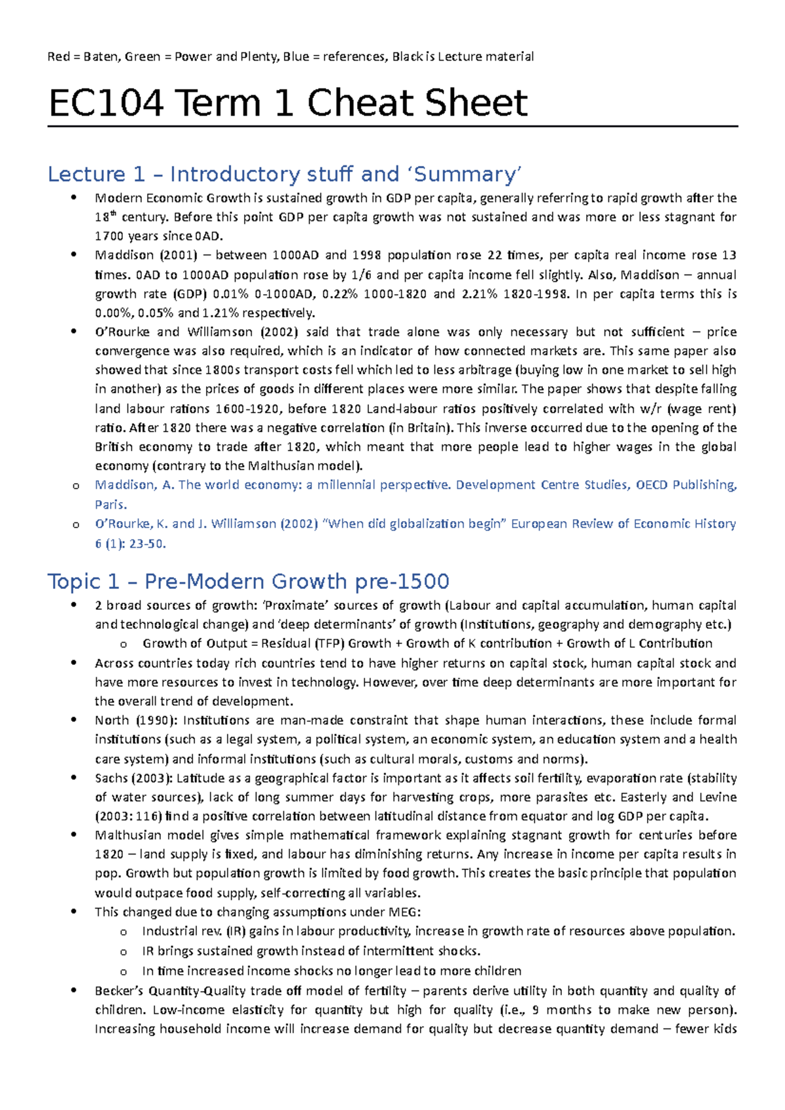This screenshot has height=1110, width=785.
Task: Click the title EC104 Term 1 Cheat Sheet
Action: tap(288, 103)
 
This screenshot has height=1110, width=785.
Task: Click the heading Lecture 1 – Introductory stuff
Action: tap(285, 175)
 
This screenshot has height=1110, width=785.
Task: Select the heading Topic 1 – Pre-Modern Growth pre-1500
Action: tap(248, 581)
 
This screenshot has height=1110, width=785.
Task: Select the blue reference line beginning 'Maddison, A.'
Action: tap(416, 485)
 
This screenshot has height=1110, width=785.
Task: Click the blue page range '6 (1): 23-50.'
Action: tap(130, 543)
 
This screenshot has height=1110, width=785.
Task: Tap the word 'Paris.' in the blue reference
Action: tap(111, 505)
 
